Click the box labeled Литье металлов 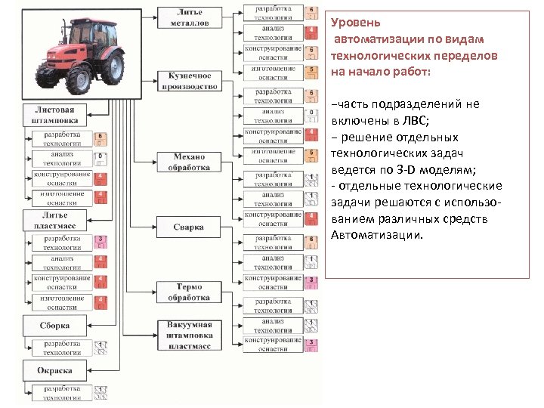tap(189, 17)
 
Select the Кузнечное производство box tap(189, 81)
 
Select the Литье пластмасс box tap(54, 221)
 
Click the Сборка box tap(54, 326)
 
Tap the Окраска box tap(54, 371)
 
